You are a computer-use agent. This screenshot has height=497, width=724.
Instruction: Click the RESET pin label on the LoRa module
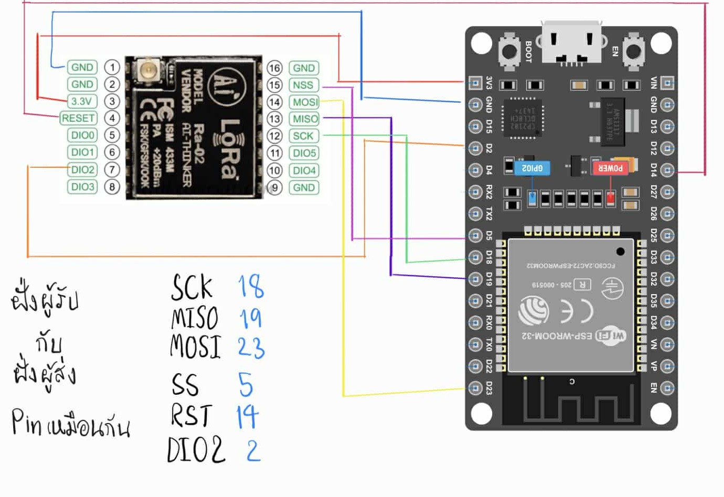[x=78, y=118]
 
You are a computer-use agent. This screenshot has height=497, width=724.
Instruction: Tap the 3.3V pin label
[x=82, y=101]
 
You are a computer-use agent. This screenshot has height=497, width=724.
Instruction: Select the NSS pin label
[x=303, y=85]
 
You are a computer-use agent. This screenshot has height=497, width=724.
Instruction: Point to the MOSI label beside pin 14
[x=305, y=102]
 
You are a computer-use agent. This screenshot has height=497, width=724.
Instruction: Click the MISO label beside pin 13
[x=305, y=119]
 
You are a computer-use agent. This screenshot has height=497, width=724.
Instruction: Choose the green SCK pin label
[x=303, y=136]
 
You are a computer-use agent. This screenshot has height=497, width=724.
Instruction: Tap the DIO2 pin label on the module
[x=82, y=169]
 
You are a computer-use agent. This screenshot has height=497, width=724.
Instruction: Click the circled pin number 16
[x=274, y=68]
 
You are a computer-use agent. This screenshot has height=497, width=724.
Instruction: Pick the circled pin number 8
[x=112, y=187]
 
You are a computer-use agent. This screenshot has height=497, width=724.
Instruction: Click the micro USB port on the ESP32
[x=571, y=43]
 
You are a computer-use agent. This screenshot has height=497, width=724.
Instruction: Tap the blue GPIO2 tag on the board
[x=533, y=168]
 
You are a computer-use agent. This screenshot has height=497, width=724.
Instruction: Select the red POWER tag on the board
[x=610, y=168]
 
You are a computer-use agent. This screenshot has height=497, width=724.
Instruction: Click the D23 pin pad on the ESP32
[x=475, y=388]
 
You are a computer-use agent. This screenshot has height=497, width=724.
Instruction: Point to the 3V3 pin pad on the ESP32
[x=475, y=82]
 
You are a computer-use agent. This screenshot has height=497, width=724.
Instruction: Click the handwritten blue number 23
[x=251, y=348]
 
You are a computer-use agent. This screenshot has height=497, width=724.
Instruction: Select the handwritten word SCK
[x=192, y=287]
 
